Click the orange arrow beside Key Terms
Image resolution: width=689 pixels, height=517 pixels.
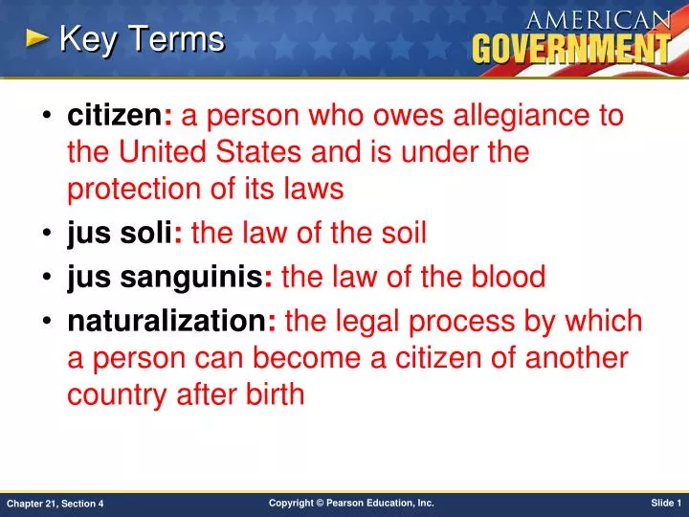(x=36, y=39)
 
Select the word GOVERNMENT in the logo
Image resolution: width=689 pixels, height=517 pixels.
(x=569, y=48)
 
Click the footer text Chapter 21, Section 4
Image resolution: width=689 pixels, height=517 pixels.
(x=56, y=504)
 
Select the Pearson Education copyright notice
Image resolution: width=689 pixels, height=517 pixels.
(x=351, y=503)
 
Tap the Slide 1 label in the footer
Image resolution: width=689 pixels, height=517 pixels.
(x=664, y=503)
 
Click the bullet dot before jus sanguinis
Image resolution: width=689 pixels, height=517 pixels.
(x=47, y=278)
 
